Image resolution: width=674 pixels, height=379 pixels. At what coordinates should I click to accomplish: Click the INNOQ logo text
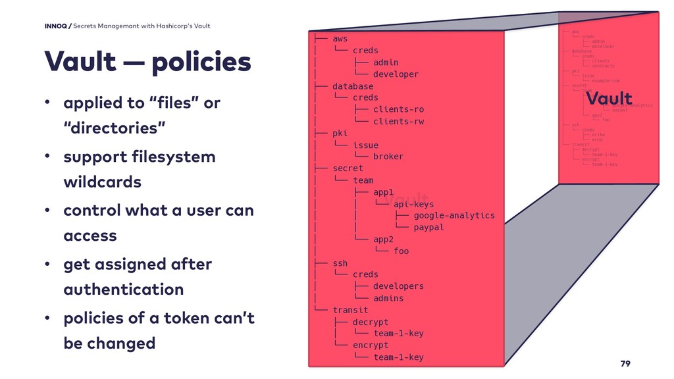click(x=56, y=26)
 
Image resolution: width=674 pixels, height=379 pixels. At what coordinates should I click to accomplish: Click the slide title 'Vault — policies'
click(x=147, y=63)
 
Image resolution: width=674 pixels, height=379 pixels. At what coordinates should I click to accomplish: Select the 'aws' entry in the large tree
click(x=340, y=39)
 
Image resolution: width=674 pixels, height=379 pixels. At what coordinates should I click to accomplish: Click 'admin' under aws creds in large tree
click(x=386, y=63)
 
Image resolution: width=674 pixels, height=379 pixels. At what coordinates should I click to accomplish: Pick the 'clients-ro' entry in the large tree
click(x=398, y=109)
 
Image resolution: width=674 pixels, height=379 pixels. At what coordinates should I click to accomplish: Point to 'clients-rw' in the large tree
click(x=398, y=121)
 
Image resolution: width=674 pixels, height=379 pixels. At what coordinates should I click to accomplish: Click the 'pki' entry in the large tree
click(x=340, y=133)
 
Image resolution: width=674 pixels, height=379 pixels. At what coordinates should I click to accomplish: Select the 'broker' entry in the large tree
click(x=388, y=157)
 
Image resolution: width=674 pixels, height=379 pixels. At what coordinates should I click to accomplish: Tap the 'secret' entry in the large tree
click(x=348, y=168)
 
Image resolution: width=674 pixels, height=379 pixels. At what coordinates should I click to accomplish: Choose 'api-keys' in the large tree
click(x=413, y=204)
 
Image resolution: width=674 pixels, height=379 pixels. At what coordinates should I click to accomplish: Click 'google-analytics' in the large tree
click(x=454, y=215)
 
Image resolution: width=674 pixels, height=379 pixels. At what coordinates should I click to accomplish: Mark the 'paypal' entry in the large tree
click(x=428, y=227)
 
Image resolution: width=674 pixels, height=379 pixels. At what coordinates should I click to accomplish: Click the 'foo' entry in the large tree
click(x=401, y=251)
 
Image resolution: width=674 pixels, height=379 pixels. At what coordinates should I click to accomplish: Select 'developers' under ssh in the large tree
click(x=398, y=286)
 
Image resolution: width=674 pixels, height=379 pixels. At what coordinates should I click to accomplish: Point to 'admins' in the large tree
click(x=388, y=298)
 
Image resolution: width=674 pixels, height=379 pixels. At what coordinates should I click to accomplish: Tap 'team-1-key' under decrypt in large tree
click(x=398, y=334)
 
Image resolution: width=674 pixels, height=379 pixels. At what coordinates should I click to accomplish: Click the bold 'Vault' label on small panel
click(x=609, y=99)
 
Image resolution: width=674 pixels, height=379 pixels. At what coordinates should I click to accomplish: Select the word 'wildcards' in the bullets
click(x=102, y=182)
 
